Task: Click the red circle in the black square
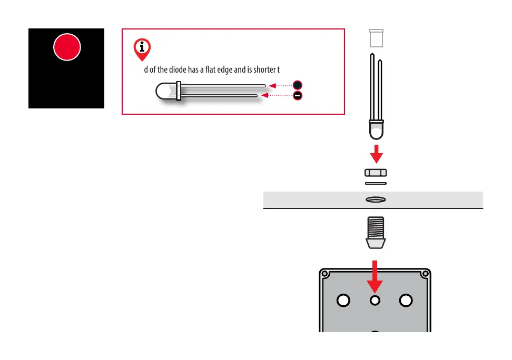(67, 47)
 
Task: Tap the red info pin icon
(142, 48)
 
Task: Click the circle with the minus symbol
(298, 96)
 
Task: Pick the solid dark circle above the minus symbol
(298, 85)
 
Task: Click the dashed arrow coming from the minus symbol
(278, 95)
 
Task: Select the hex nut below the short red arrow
(376, 173)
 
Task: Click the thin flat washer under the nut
(376, 183)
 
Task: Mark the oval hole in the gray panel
(376, 200)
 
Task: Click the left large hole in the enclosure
(343, 300)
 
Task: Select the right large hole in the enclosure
(406, 300)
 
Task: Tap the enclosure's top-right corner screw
(425, 274)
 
